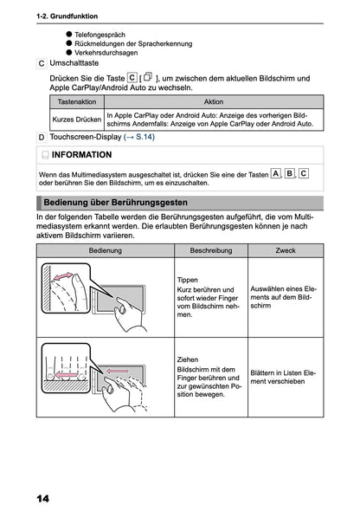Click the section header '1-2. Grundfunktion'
point(67,16)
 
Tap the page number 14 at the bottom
point(43,498)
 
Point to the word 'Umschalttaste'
point(74,63)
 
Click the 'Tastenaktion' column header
point(77,101)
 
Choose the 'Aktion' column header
point(214,101)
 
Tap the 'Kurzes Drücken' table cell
point(77,120)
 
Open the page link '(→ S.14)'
point(139,137)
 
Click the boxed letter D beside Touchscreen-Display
point(42,137)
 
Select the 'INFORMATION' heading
point(81,155)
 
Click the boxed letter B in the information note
point(289,173)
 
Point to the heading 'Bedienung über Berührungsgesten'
point(116,203)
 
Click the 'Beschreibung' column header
point(211,250)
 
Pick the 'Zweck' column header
point(286,250)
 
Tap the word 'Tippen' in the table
point(188,280)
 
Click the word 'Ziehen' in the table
point(188,359)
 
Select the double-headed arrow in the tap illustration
point(63,276)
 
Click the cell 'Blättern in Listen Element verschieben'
point(283,377)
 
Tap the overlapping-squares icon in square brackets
point(148,77)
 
